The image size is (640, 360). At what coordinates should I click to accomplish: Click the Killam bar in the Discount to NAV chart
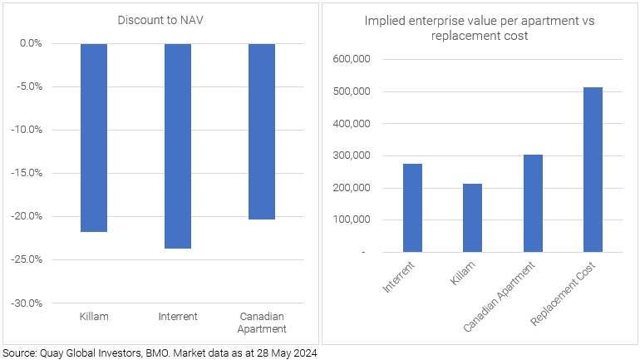(x=93, y=137)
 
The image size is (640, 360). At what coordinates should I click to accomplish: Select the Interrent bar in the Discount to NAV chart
(x=177, y=145)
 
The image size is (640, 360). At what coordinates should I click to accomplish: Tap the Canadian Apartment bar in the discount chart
(x=261, y=131)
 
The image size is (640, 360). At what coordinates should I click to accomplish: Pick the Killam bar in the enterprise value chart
(x=472, y=217)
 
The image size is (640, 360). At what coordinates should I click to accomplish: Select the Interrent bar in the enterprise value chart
(x=412, y=207)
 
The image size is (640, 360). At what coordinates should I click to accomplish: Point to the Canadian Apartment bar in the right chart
(x=533, y=203)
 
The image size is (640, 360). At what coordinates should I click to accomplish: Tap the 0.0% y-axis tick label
(x=29, y=43)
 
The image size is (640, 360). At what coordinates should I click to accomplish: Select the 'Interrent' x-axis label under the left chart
(x=177, y=317)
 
